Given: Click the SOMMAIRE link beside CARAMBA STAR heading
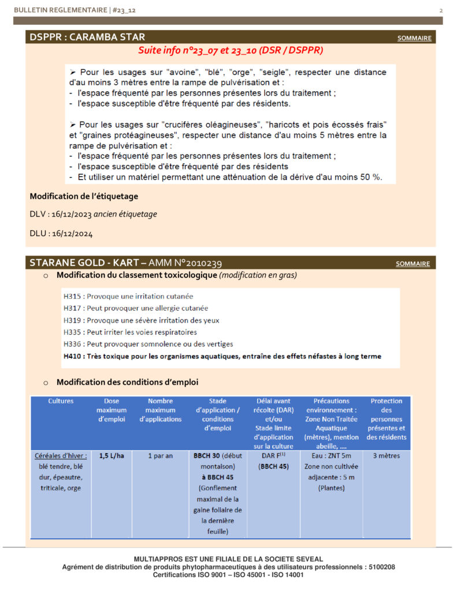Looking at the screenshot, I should [414, 39].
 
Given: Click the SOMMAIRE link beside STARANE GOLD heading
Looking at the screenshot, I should [413, 264].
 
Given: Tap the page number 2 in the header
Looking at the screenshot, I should [441, 10].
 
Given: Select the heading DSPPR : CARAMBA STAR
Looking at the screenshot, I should [87, 38].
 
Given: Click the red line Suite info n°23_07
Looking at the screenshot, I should [231, 51].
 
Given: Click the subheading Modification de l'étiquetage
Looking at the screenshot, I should [84, 196].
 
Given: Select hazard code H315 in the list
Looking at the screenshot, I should [74, 296].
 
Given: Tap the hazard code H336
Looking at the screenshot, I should [73, 344].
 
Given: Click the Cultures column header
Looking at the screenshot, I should [61, 401].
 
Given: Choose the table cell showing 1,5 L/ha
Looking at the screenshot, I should [111, 455].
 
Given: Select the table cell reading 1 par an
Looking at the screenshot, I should [160, 455].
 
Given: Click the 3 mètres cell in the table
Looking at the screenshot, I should [387, 455].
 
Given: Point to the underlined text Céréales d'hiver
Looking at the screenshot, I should [61, 455].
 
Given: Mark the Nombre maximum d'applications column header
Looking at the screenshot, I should [160, 410].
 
